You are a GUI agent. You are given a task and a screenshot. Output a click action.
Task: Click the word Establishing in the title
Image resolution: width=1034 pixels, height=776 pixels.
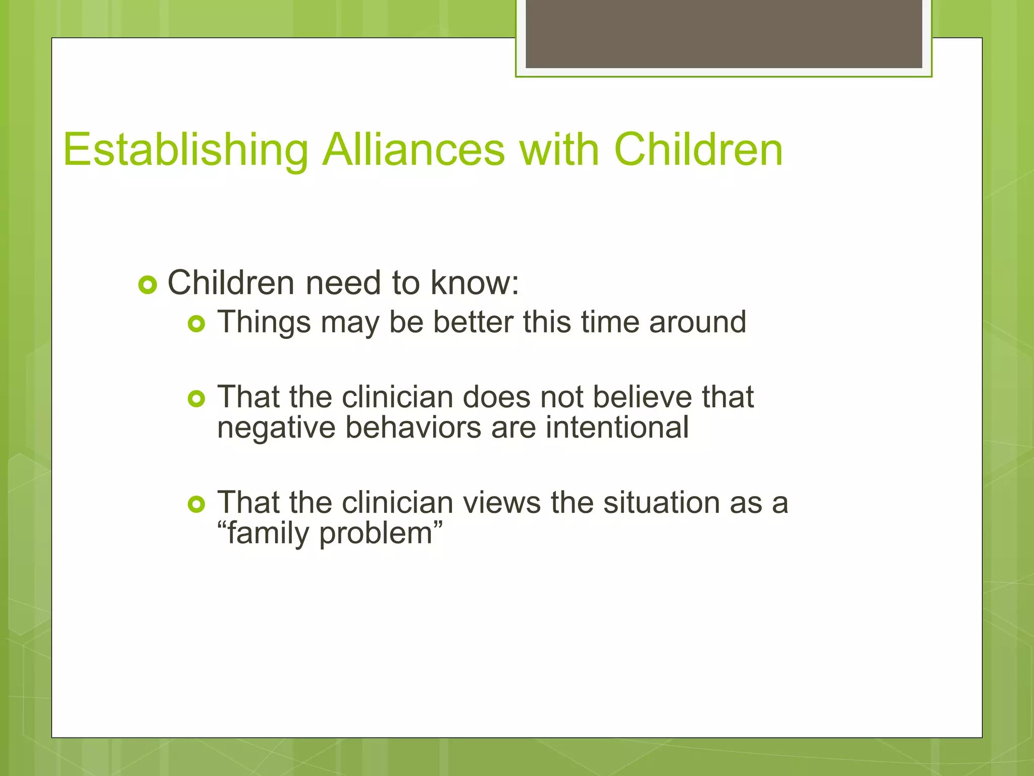pos(185,150)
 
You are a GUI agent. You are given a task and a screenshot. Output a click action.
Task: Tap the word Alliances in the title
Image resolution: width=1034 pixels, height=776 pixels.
pos(413,150)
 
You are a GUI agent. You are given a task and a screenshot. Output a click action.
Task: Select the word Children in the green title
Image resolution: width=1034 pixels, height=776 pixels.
pos(698,150)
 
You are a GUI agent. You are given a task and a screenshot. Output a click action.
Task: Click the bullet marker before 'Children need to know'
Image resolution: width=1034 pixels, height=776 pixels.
pos(147,286)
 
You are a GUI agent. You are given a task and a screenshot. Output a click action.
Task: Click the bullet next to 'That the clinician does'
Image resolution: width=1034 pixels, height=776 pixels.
pos(196,400)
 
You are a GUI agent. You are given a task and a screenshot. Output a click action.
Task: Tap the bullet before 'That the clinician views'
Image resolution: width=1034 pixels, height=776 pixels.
pos(196,505)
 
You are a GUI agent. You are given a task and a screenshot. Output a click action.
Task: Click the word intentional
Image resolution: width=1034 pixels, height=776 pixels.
pos(617,427)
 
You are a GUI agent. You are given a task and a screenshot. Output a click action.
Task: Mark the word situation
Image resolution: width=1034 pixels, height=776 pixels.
pos(661,503)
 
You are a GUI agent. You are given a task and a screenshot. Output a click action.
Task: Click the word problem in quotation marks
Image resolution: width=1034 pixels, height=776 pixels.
pos(376,533)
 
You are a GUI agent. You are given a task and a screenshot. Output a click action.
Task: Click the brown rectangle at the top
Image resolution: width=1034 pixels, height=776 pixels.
pos(723,34)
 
